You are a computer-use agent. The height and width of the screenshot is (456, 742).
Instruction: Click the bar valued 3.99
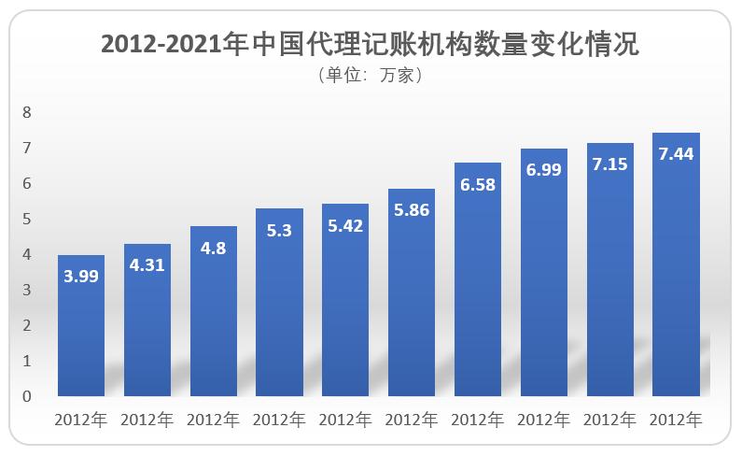[x=81, y=327]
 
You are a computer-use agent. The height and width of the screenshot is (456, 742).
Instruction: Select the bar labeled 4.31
[x=147, y=322]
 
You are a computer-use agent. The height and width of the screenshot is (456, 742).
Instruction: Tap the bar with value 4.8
[x=214, y=313]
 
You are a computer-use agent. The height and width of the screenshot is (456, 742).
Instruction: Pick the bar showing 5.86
[x=412, y=294]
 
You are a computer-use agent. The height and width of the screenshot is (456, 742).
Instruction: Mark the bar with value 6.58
[x=478, y=280]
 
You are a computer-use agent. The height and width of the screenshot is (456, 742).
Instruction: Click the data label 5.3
[x=279, y=230]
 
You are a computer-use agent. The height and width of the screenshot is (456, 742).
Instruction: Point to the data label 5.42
[x=345, y=225]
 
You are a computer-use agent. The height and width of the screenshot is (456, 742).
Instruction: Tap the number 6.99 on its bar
[x=543, y=170]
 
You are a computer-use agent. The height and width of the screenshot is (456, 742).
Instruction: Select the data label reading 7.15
[x=609, y=164]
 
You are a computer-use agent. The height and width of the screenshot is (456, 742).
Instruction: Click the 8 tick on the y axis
[x=27, y=113]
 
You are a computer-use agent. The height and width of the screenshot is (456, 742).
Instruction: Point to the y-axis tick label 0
[x=27, y=396]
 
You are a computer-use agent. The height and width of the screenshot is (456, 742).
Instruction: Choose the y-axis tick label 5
[x=27, y=220]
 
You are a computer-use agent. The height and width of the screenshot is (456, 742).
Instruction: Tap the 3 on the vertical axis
[x=27, y=291]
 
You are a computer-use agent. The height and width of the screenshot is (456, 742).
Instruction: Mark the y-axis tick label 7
[x=27, y=149]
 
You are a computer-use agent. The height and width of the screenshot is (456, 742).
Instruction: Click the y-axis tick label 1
[x=27, y=361]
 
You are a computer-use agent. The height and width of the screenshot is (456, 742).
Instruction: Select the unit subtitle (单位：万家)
[x=371, y=77]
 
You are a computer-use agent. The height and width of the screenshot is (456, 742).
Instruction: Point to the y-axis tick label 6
[x=27, y=184]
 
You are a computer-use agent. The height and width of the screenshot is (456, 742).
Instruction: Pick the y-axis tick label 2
[x=27, y=325]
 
